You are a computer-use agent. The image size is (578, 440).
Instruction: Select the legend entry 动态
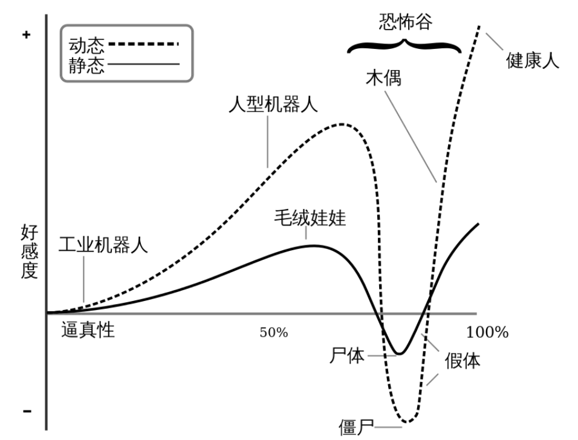pyautogui.click(x=86, y=44)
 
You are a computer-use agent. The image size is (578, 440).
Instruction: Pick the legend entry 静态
pyautogui.click(x=86, y=63)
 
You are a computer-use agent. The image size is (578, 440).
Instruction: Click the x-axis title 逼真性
pyautogui.click(x=88, y=329)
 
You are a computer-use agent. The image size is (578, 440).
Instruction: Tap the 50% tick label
pyautogui.click(x=274, y=333)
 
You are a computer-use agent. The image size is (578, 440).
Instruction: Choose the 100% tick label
pyautogui.click(x=487, y=332)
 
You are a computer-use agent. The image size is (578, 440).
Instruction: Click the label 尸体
pyautogui.click(x=347, y=355)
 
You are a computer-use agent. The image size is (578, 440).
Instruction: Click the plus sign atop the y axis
pyautogui.click(x=25, y=35)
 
